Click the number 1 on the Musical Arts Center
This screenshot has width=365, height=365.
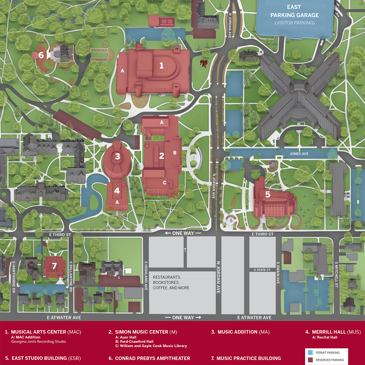click(x=161, y=66)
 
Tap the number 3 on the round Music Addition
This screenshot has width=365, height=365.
click(x=117, y=156)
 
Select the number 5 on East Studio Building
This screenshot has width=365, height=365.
click(x=267, y=194)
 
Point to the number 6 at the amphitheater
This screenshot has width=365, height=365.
click(x=41, y=55)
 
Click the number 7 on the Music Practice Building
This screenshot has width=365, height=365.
click(x=54, y=266)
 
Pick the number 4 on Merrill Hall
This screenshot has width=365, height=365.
click(x=117, y=191)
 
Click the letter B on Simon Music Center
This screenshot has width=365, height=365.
click(x=175, y=153)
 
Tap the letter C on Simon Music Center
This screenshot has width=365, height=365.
click(x=165, y=183)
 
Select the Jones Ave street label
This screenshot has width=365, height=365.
click(x=299, y=154)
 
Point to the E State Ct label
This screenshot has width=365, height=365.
click(x=262, y=270)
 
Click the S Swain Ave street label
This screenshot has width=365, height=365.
click(x=278, y=273)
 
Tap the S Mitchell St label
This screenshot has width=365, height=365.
click(x=336, y=274)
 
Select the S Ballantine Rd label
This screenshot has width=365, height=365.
click(x=71, y=276)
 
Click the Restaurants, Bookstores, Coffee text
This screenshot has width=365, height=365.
click(x=171, y=282)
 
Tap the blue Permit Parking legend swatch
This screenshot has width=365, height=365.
click(x=310, y=353)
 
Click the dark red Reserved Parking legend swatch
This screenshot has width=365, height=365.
click(x=310, y=360)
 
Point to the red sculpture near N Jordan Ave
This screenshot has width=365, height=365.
click(x=203, y=63)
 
